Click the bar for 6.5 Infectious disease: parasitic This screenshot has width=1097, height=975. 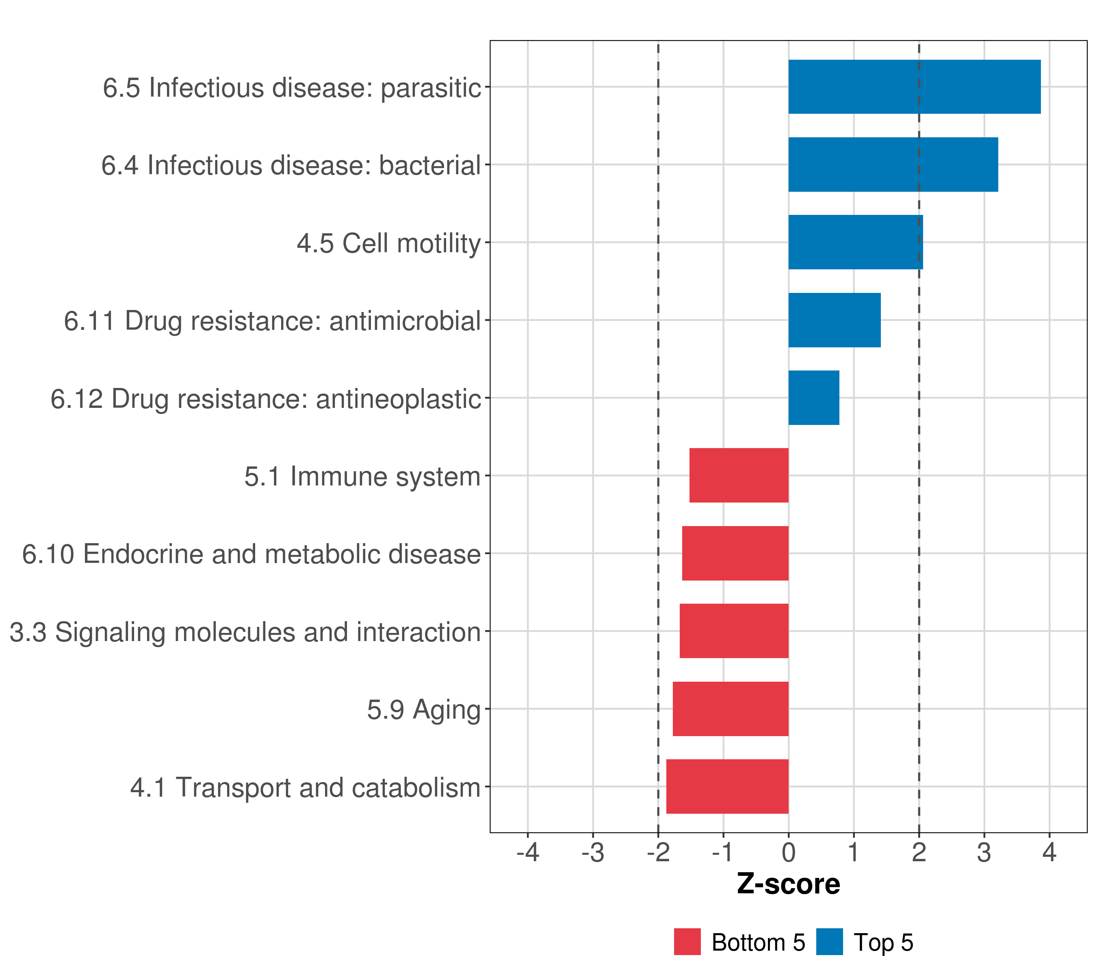click(914, 87)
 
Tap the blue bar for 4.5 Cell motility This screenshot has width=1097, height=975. click(856, 242)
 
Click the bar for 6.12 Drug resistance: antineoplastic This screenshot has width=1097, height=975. click(814, 398)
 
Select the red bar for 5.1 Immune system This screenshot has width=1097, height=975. click(739, 475)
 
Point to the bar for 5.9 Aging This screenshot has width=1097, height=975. click(731, 709)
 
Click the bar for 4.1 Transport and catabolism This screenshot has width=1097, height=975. click(727, 786)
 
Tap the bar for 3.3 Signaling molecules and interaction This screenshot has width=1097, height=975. click(734, 631)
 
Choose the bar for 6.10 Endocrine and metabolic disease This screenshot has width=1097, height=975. click(735, 553)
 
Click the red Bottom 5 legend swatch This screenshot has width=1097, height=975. click(687, 942)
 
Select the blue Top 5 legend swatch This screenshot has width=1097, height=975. click(829, 942)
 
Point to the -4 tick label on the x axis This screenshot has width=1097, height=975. click(527, 853)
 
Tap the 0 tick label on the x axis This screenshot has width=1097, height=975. click(788, 853)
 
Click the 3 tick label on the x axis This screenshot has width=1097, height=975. click(984, 853)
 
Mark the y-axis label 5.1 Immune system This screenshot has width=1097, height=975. click(362, 477)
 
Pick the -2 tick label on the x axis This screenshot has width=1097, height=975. click(658, 853)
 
